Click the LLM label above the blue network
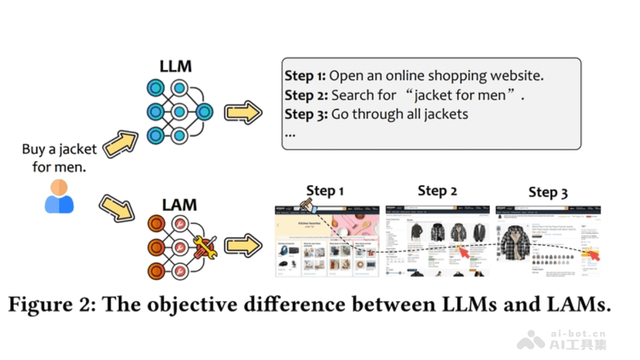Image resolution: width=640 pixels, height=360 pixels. [x=175, y=67]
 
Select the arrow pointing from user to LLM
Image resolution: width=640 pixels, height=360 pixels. [x=120, y=143]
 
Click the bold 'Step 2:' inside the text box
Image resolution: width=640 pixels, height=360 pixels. [x=306, y=95]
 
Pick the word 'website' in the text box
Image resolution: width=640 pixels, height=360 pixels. [x=516, y=76]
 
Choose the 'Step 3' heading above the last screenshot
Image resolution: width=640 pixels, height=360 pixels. [x=548, y=193]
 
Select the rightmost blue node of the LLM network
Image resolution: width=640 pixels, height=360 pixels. [x=204, y=112]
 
